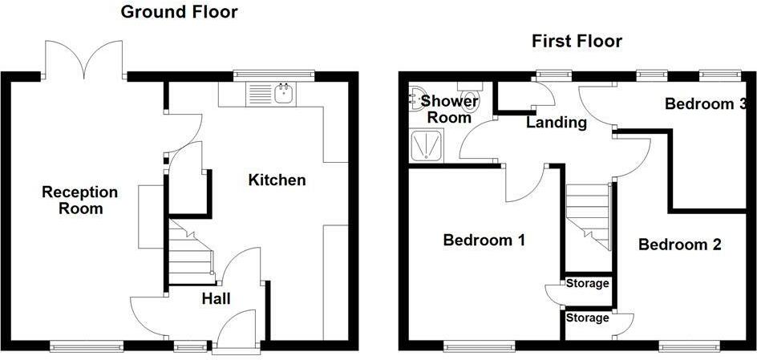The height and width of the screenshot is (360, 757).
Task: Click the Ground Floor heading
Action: point(179,11)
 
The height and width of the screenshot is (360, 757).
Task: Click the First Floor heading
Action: point(577,41)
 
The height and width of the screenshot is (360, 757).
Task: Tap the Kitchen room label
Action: point(277,180)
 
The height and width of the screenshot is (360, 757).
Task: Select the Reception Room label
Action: point(79,200)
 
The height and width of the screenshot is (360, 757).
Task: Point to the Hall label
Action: point(216,299)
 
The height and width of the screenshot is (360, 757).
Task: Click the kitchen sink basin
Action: point(285,93)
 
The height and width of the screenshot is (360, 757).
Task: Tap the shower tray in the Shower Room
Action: point(426,144)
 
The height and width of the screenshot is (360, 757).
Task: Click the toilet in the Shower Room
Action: point(469,98)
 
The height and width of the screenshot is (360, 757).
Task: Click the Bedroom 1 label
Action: point(484,240)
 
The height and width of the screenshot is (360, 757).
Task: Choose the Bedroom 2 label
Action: point(680,245)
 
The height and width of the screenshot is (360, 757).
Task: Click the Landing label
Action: point(557,123)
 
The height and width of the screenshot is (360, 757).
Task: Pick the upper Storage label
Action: point(588,283)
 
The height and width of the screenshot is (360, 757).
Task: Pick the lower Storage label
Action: point(588,318)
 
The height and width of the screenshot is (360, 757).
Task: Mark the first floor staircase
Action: point(588,217)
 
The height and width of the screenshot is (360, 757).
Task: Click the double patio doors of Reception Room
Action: point(84,60)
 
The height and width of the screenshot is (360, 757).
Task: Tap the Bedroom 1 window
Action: point(479,346)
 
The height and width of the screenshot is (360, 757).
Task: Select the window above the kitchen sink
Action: point(273,75)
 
